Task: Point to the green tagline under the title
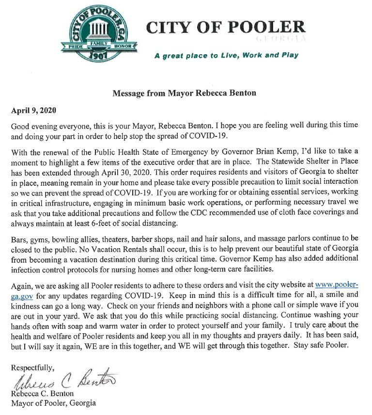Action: tap(226, 55)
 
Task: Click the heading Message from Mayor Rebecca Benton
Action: tap(185, 92)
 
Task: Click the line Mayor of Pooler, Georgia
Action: tap(53, 402)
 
